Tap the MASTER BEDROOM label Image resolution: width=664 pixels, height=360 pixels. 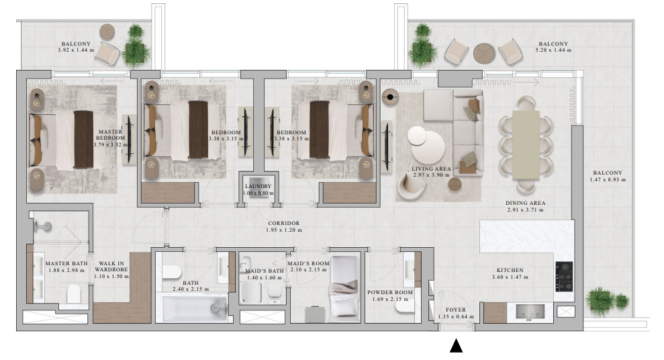click(109, 135)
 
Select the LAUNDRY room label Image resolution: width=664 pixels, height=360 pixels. click(257, 187)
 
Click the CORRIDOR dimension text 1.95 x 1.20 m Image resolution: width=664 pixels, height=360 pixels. click(283, 230)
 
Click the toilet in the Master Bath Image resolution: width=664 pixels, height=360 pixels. click(74, 294)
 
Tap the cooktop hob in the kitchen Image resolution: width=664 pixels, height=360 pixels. click(564, 276)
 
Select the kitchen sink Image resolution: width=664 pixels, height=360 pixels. click(530, 311)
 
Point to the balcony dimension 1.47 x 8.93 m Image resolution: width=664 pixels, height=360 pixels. click(607, 180)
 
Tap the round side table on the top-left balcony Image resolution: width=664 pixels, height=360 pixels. click(107, 31)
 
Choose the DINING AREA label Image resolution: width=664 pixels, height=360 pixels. click(525, 203)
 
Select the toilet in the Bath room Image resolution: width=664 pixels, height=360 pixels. click(171, 272)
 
